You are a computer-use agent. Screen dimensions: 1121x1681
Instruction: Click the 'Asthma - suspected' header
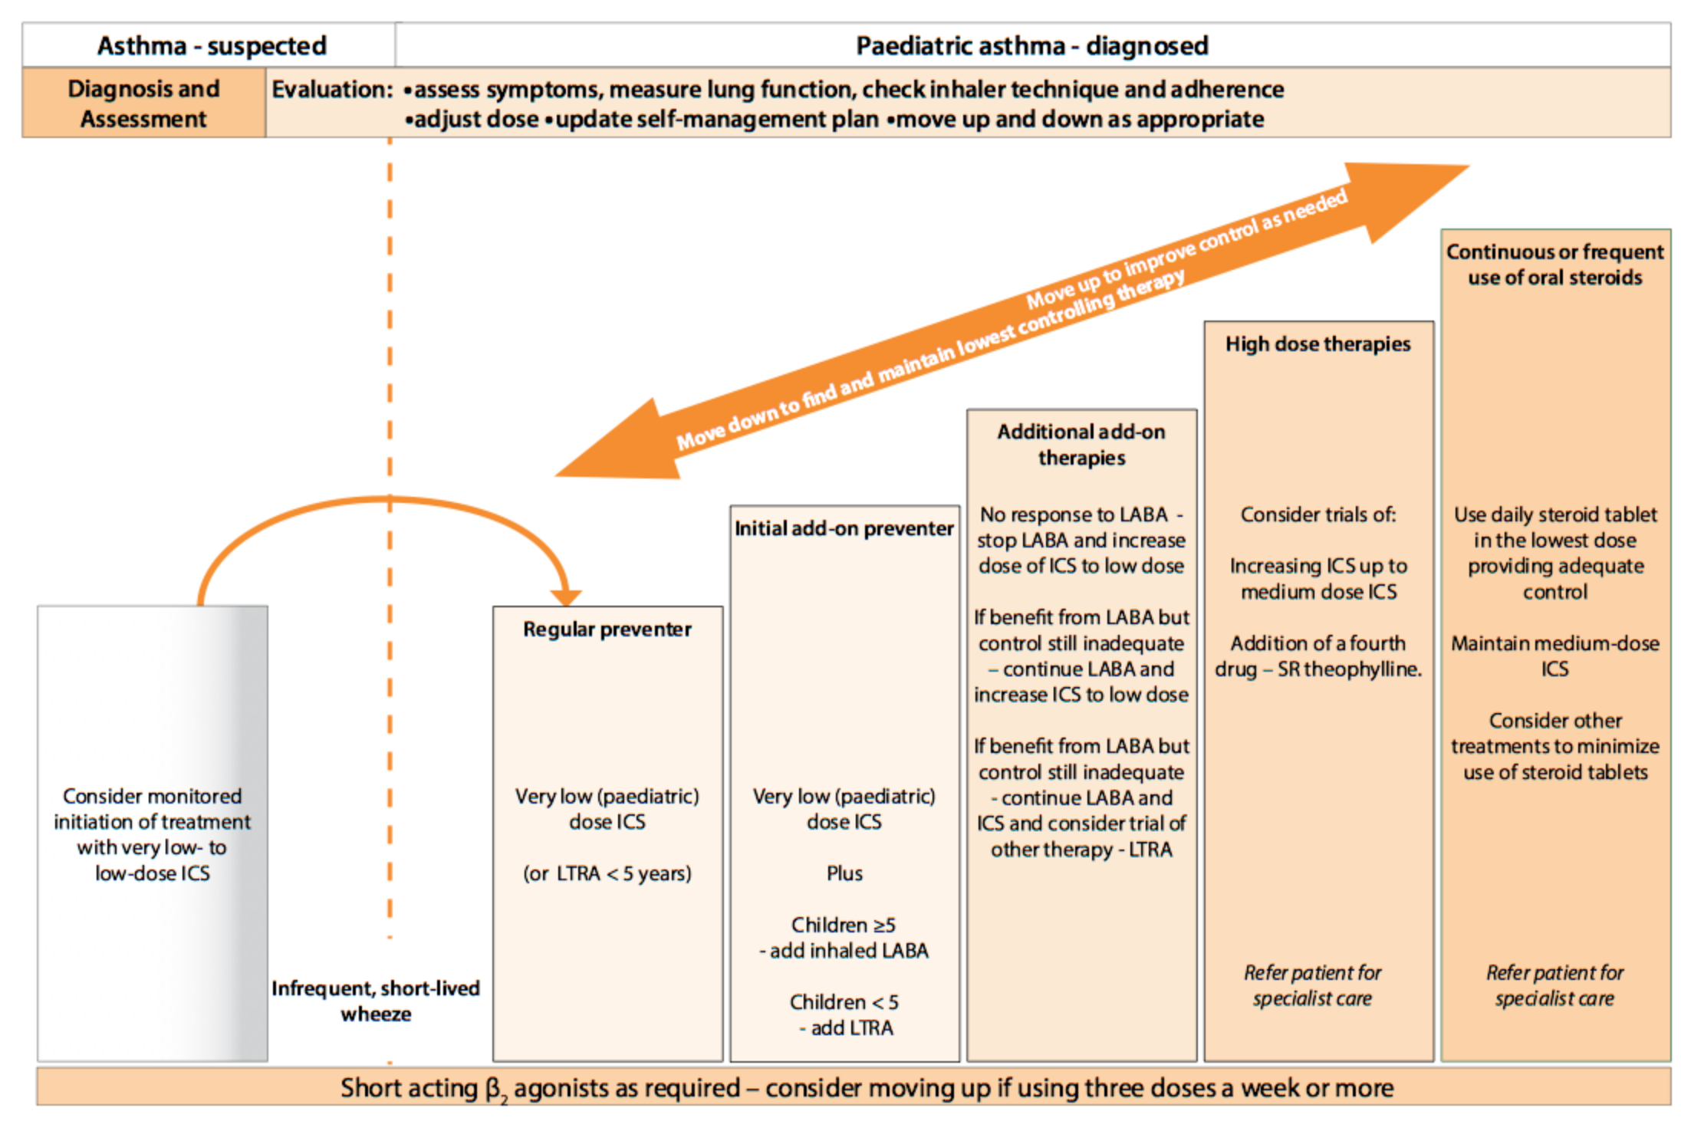pyautogui.click(x=212, y=46)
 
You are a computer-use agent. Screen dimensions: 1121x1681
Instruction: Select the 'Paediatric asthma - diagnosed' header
pyautogui.click(x=1031, y=46)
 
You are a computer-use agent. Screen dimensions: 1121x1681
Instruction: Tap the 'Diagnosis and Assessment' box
pyautogui.click(x=143, y=104)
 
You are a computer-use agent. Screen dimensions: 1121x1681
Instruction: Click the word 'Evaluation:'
pyautogui.click(x=332, y=90)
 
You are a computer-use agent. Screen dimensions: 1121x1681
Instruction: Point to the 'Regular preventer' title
pyautogui.click(x=607, y=630)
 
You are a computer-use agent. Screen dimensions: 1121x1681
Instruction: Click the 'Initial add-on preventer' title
pyautogui.click(x=844, y=528)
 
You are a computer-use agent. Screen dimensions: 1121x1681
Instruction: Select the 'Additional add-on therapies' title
pyautogui.click(x=1081, y=445)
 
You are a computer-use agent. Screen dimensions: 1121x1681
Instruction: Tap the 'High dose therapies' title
pyautogui.click(x=1317, y=344)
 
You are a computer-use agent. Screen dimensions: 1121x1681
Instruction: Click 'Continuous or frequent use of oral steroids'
pyautogui.click(x=1554, y=265)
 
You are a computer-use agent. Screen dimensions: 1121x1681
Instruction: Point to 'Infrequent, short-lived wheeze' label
pyautogui.click(x=376, y=1001)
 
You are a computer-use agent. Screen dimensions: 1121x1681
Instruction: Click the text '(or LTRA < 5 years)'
pyautogui.click(x=607, y=873)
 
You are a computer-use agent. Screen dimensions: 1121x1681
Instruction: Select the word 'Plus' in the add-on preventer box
pyautogui.click(x=844, y=873)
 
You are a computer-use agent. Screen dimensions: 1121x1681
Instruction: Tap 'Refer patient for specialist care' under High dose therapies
pyautogui.click(x=1312, y=985)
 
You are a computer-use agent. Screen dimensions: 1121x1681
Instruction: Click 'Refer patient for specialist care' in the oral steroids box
pyautogui.click(x=1554, y=985)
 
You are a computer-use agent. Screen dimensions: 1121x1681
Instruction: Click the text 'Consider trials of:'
pyautogui.click(x=1317, y=514)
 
